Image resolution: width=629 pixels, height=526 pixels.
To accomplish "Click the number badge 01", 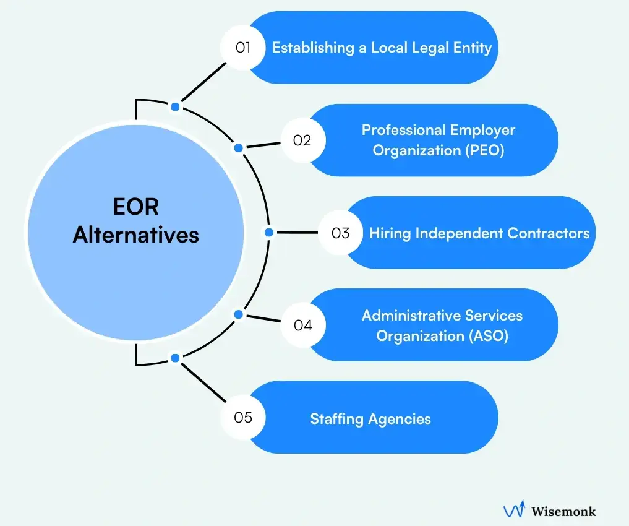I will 243,47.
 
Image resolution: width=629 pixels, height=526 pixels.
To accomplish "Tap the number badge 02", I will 302,140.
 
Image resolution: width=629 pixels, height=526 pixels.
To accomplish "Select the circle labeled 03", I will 340,233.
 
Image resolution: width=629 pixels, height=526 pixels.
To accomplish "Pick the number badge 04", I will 302,326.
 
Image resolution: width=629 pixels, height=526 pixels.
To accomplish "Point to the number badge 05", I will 243,418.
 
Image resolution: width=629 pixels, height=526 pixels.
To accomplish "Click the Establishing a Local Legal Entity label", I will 382,48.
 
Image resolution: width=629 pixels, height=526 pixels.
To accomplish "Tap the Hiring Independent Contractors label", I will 479,233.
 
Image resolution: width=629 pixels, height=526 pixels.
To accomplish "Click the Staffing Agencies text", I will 370,419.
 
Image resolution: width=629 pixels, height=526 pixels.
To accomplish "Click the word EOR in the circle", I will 135,207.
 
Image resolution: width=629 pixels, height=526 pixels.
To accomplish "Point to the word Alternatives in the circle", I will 135,235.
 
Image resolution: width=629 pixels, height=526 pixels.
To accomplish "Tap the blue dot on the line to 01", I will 175,107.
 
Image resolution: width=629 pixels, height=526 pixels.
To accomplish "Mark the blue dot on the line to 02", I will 239,148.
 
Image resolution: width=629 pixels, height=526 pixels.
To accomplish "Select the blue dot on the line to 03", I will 268,233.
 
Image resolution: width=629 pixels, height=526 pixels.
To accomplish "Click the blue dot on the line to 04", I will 239,314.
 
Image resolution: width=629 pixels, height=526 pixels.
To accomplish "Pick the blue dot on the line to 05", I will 175,358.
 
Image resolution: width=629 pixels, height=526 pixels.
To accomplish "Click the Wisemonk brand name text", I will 563,511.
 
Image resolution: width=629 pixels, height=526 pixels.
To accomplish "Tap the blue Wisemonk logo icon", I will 514,510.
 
